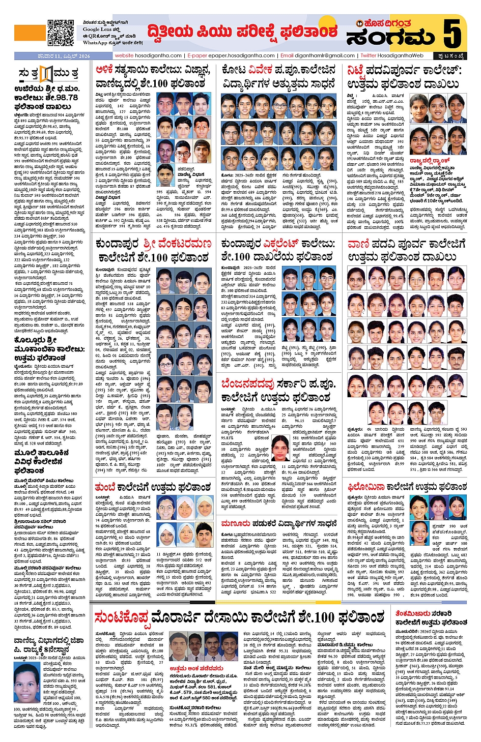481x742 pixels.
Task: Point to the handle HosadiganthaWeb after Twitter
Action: pyautogui.click(x=401, y=55)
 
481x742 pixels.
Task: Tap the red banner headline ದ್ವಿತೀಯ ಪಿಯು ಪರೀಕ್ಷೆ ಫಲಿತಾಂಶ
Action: pyautogui.click(x=242, y=32)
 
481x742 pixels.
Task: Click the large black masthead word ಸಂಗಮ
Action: pyautogui.click(x=390, y=37)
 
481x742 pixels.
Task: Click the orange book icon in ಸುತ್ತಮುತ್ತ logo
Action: pyautogui.click(x=46, y=74)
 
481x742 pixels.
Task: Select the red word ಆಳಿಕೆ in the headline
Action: pyautogui.click(x=104, y=70)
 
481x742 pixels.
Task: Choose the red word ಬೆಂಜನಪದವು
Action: pyautogui.click(x=247, y=383)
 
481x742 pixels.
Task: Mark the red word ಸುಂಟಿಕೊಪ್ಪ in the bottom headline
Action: pyautogui.click(x=122, y=618)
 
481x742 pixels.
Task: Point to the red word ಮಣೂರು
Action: pyautogui.click(x=235, y=523)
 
